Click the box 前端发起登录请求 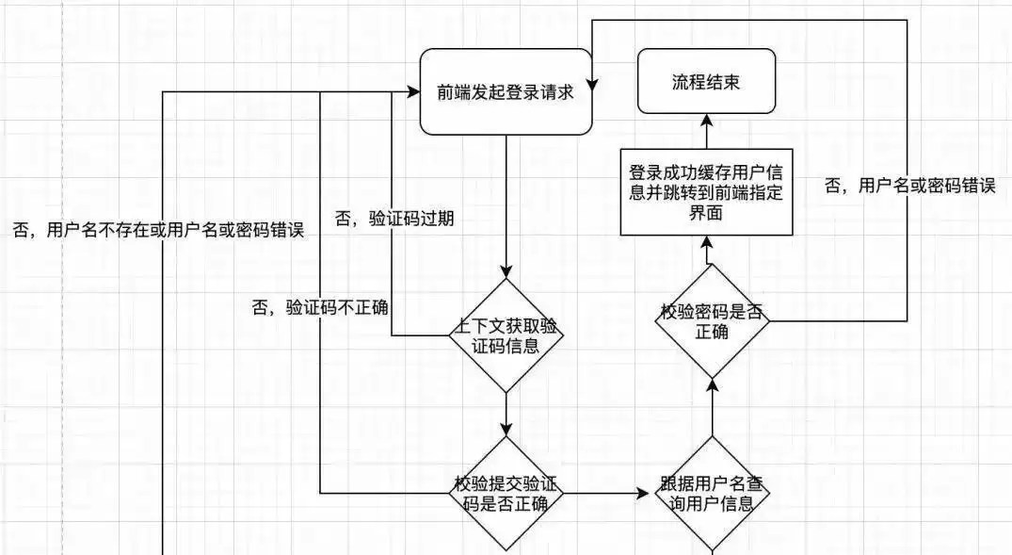tap(506, 91)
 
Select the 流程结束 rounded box tap(704, 81)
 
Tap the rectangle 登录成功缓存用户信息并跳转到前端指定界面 tap(704, 191)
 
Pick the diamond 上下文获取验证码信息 tap(507, 335)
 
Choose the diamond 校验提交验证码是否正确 tap(507, 493)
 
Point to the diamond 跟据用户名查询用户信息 tap(712, 493)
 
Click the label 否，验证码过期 tap(394, 219)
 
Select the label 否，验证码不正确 tap(321, 306)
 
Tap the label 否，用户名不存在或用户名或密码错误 tap(158, 230)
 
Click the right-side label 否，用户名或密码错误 tap(909, 186)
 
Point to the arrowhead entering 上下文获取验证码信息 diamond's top tap(506, 271)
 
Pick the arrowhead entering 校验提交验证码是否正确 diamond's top tap(506, 430)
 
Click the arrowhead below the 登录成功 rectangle tap(704, 242)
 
